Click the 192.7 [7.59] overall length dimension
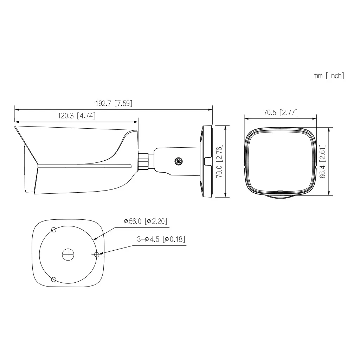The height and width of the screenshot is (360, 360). click(x=114, y=104)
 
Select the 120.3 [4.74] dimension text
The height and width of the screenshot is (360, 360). click(x=76, y=116)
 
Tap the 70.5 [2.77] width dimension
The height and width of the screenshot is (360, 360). click(x=280, y=112)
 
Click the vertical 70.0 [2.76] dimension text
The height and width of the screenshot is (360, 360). click(x=219, y=161)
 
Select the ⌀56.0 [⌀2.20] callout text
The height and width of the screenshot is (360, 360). click(x=145, y=221)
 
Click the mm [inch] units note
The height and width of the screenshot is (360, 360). click(x=329, y=76)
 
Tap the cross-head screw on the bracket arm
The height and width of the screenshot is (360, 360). click(x=179, y=162)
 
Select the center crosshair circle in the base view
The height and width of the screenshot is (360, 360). click(x=68, y=255)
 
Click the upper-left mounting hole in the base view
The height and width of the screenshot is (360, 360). click(x=53, y=230)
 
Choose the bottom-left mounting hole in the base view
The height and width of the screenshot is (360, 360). click(x=53, y=279)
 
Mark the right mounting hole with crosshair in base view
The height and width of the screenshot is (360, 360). click(x=97, y=255)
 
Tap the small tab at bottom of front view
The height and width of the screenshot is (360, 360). click(x=280, y=192)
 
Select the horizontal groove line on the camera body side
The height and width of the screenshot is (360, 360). click(x=84, y=165)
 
